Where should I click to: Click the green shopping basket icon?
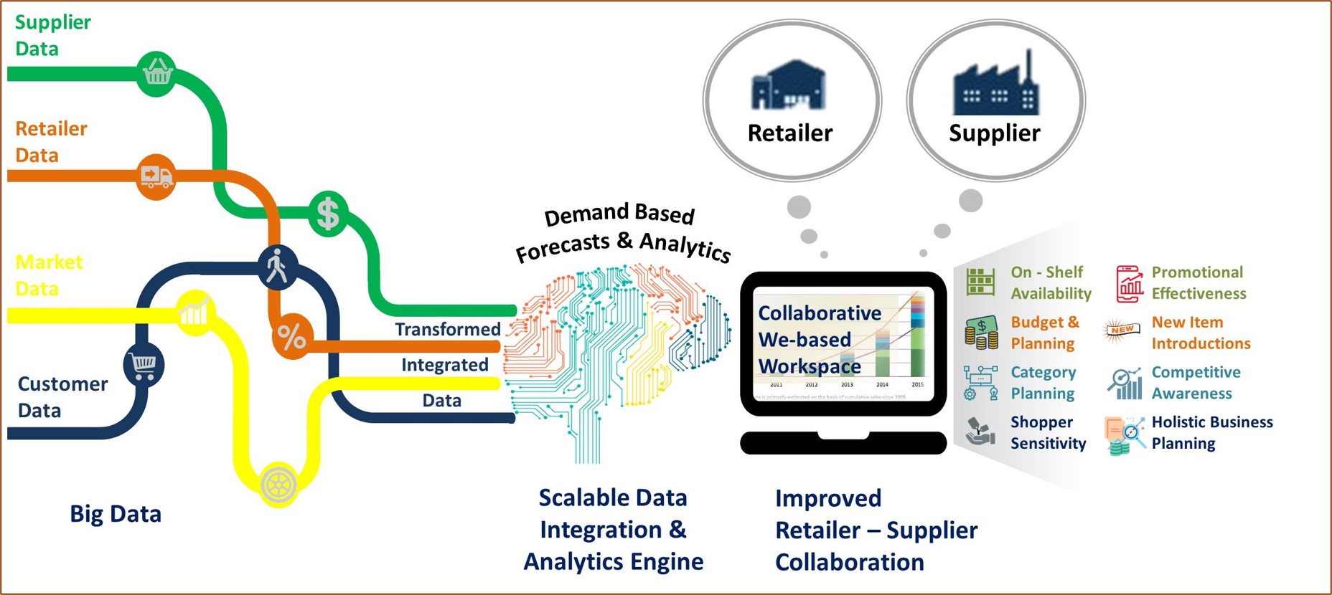(156, 72)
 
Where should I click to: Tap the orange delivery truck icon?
(156, 176)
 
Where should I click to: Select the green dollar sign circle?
(328, 213)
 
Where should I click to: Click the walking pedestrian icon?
(278, 267)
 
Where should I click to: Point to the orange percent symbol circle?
(292, 336)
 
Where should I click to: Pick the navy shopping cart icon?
(144, 365)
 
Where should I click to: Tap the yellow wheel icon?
(278, 485)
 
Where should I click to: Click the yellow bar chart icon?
(194, 312)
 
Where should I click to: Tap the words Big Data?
(116, 514)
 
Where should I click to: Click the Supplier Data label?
(52, 35)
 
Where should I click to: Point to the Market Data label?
(48, 275)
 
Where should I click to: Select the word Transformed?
(448, 329)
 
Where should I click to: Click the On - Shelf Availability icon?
(980, 282)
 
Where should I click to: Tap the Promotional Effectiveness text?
(1199, 282)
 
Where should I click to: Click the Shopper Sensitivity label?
(1048, 432)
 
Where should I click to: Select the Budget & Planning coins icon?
(981, 332)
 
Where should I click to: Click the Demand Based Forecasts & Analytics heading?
(622, 231)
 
